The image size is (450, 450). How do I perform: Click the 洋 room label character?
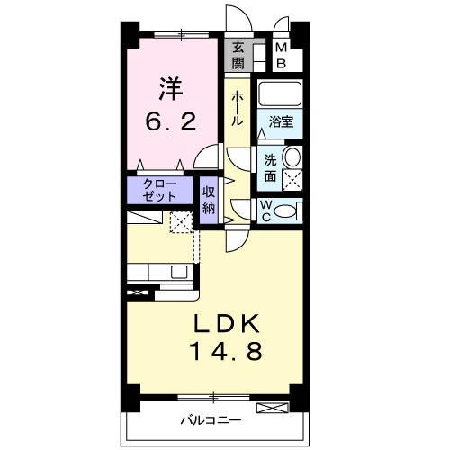[x=172, y=90]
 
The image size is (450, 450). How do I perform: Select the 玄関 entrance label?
[x=238, y=55]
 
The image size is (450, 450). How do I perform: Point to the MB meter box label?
[x=281, y=55]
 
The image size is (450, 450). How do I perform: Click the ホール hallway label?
[x=237, y=108]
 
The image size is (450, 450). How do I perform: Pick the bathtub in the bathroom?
[x=282, y=95]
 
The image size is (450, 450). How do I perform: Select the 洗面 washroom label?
[x=269, y=167]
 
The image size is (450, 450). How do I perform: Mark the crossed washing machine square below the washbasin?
[x=292, y=180]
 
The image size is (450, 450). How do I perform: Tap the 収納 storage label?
[x=209, y=199]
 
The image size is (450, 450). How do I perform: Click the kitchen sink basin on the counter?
[x=179, y=271]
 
